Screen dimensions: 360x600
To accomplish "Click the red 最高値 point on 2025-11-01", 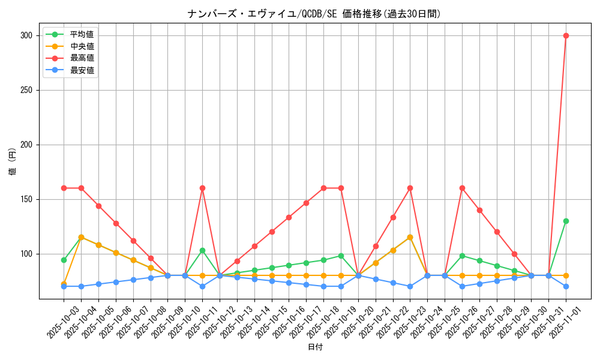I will click(x=566, y=35).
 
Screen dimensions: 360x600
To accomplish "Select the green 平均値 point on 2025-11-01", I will click(x=566, y=221).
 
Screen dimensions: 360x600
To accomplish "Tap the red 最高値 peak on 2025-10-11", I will click(x=202, y=188).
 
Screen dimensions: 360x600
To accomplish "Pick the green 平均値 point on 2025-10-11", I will click(x=202, y=250).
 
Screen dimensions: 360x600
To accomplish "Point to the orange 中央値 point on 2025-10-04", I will click(x=81, y=237).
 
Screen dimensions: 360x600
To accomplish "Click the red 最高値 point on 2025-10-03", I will click(x=64, y=188).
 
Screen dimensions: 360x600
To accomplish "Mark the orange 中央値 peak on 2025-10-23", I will click(x=410, y=237).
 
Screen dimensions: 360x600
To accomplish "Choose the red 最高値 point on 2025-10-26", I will click(x=462, y=188).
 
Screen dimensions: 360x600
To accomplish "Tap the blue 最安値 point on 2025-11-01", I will click(x=566, y=286).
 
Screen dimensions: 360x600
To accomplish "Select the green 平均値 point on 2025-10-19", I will click(x=341, y=256).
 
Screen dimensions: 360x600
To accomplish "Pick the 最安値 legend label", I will click(x=82, y=70).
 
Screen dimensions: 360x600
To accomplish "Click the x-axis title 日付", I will click(x=315, y=347).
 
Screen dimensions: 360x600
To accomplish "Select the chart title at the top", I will click(x=314, y=14).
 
